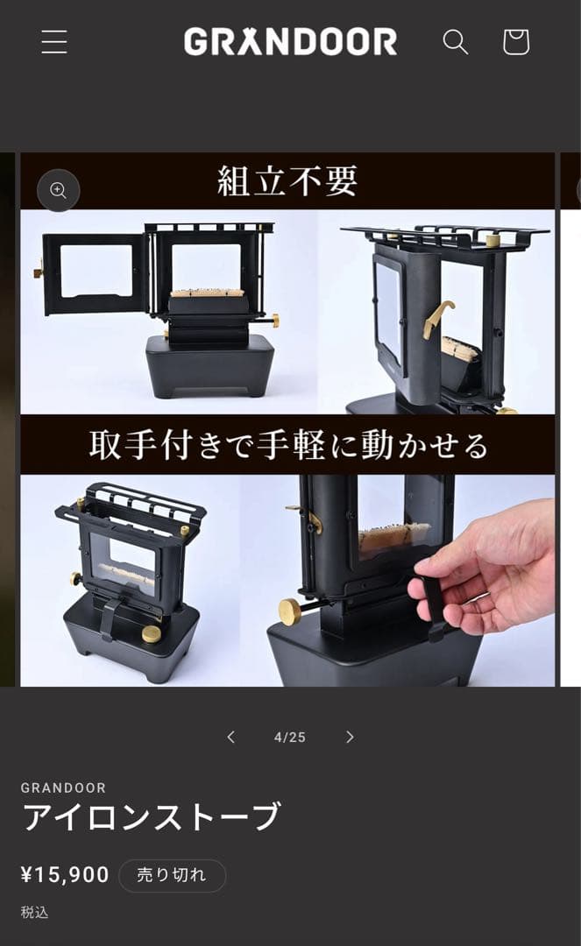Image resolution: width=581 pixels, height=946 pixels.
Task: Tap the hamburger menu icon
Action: tap(54, 42)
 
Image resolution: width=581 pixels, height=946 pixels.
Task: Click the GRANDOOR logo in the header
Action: tap(290, 42)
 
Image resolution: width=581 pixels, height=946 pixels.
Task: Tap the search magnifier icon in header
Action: tap(455, 41)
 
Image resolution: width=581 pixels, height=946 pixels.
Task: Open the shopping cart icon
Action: tap(515, 41)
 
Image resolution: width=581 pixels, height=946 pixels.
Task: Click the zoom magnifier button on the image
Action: tap(59, 190)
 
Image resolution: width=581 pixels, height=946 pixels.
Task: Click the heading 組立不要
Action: tap(287, 181)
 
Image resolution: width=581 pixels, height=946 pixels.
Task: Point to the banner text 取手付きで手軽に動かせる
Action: tap(287, 445)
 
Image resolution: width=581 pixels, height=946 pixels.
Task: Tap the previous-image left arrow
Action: tap(231, 737)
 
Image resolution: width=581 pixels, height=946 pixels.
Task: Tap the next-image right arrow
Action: tap(350, 737)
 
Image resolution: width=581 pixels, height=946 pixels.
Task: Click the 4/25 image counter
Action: tap(290, 738)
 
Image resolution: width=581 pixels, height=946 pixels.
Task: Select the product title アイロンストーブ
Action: tap(151, 816)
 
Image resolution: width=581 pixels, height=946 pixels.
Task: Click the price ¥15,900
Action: tap(65, 874)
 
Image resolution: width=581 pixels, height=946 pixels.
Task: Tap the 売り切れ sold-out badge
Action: tap(172, 875)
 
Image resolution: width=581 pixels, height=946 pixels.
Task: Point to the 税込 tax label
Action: tap(35, 912)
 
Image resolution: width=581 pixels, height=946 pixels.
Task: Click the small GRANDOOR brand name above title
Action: tap(64, 787)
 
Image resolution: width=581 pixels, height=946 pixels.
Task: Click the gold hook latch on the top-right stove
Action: tap(437, 317)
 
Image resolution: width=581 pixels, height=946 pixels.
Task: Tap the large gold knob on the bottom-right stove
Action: tap(290, 611)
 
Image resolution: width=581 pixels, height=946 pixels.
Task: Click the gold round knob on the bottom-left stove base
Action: tap(152, 633)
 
